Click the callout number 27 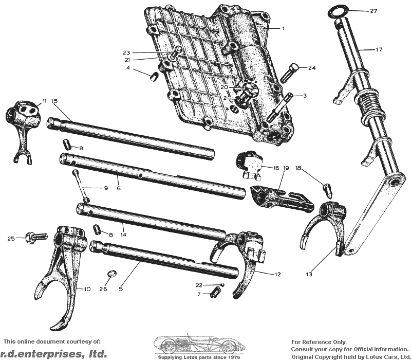tap(373, 11)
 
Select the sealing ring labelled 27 tap(339, 12)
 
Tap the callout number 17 tap(379, 49)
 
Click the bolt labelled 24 tap(289, 73)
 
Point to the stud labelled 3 tap(279, 107)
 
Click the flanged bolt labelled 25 tap(36, 238)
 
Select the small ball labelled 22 tap(222, 284)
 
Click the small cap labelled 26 tap(112, 274)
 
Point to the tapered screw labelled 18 tap(328, 191)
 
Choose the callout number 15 tap(54, 101)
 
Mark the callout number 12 tap(277, 274)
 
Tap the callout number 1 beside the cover tap(283, 28)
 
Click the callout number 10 tap(87, 289)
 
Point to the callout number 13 tap(309, 274)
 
